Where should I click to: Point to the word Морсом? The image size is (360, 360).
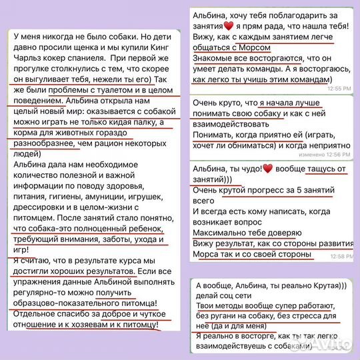click(x=254, y=48)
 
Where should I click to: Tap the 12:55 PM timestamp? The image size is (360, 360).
click(x=340, y=88)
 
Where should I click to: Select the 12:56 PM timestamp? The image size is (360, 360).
click(x=340, y=153)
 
